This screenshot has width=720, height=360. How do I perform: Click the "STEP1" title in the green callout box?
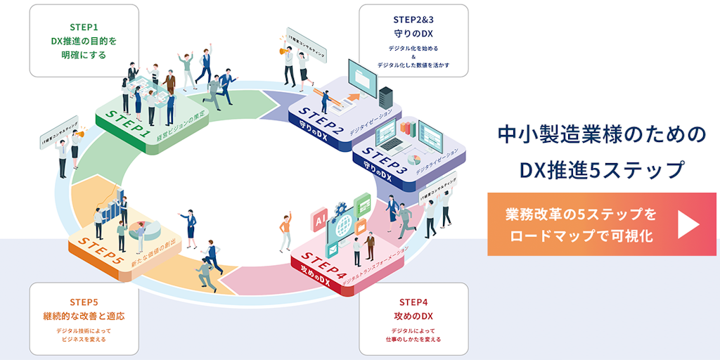point(84,27)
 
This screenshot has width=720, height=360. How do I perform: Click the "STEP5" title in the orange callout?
point(84,301)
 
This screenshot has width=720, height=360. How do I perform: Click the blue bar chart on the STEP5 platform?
point(114,202)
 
